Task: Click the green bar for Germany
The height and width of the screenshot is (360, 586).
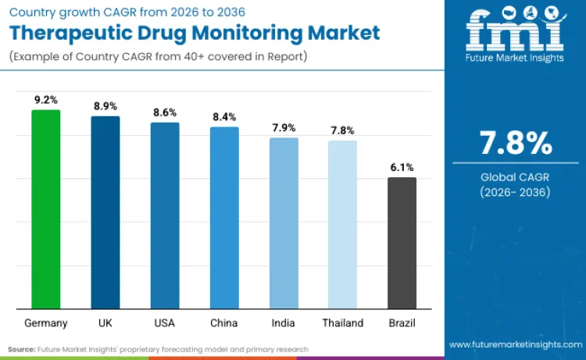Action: (x=45, y=209)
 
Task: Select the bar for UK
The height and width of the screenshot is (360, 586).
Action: (x=105, y=212)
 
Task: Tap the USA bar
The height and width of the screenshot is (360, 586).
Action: (x=165, y=216)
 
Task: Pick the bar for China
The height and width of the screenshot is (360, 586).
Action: (x=224, y=218)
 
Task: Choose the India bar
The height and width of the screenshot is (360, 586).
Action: (x=284, y=223)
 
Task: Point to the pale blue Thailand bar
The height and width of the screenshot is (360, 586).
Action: (x=342, y=225)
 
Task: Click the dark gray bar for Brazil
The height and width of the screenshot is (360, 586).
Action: (x=402, y=243)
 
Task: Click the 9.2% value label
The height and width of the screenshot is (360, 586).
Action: (x=45, y=99)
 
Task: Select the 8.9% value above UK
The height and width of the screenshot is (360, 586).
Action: (x=105, y=105)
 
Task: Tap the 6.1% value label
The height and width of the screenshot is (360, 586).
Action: (x=402, y=167)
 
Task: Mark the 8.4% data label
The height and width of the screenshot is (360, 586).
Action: (x=224, y=116)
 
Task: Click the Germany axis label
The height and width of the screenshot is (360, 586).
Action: (x=45, y=323)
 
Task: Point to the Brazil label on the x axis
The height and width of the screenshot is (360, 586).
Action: (x=402, y=323)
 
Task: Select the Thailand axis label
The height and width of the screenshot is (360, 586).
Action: (x=342, y=323)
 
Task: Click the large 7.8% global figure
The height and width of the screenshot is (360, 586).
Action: (x=515, y=144)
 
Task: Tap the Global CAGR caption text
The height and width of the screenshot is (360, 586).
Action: (x=515, y=177)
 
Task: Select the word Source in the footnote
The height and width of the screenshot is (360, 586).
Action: (x=23, y=349)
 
